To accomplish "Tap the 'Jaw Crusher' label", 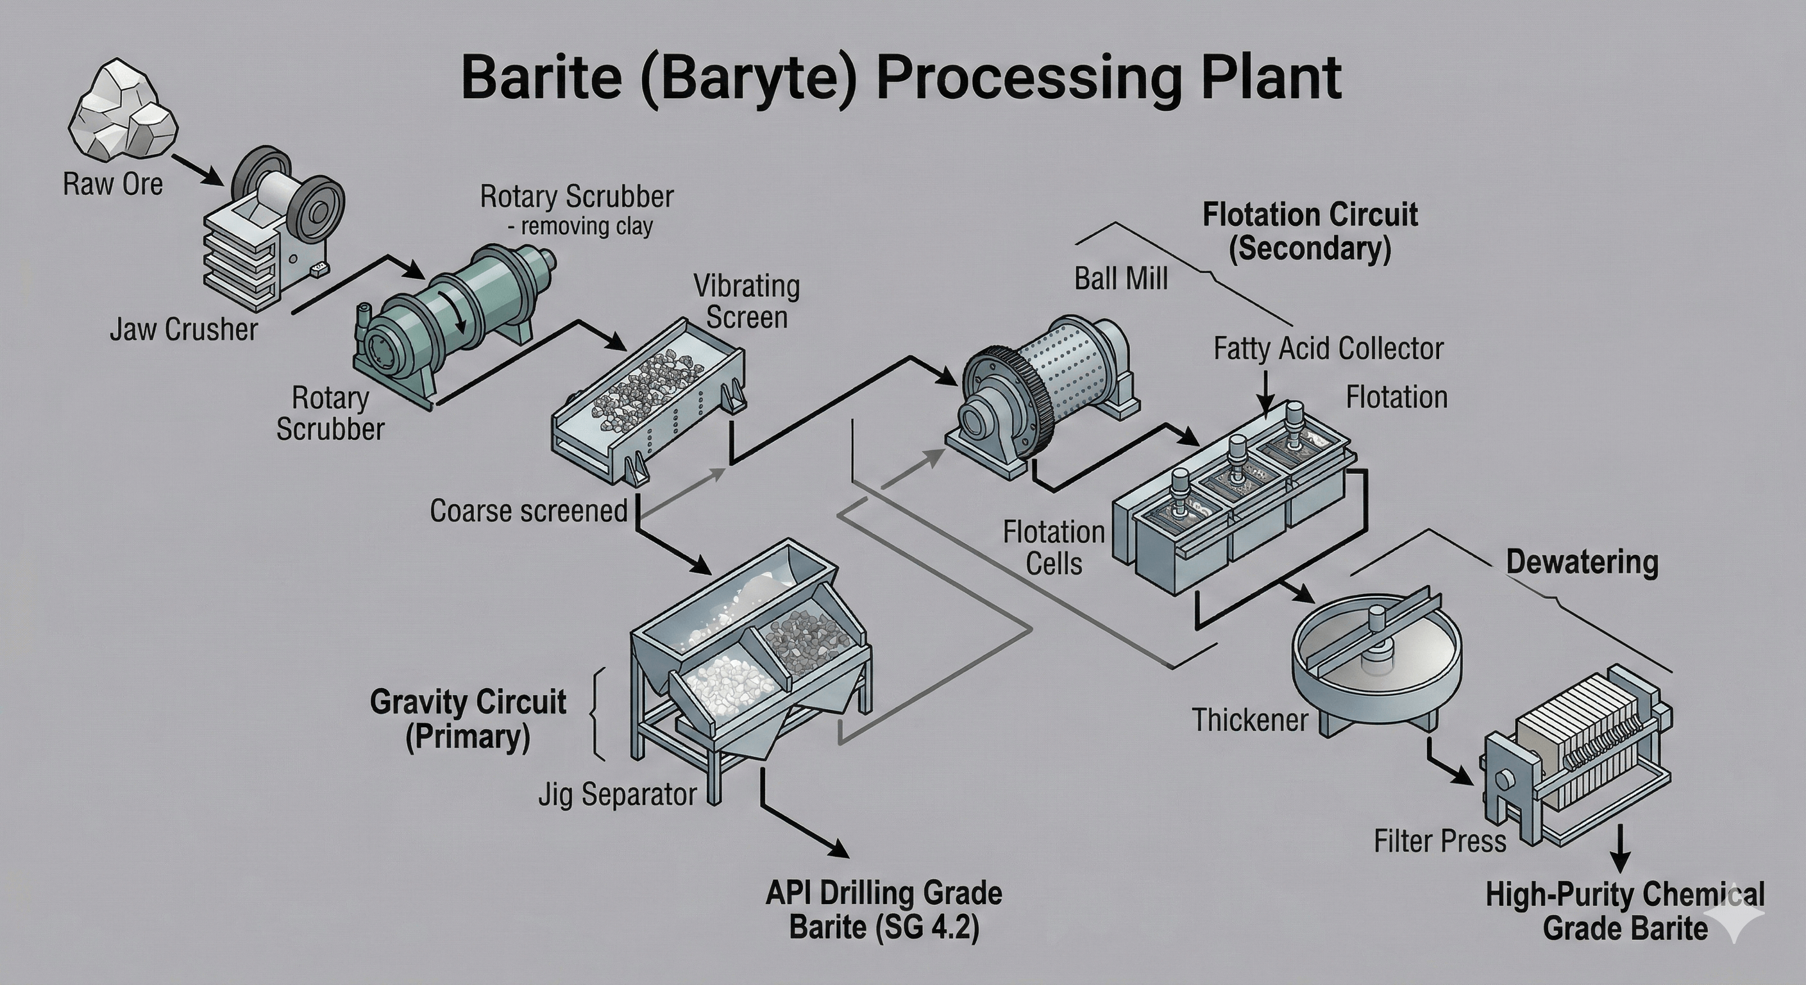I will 183,330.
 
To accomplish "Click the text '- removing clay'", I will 580,226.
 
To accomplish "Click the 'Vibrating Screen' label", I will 747,301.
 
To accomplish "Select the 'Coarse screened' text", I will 528,510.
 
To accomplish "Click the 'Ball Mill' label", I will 1121,279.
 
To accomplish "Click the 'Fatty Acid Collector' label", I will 1328,348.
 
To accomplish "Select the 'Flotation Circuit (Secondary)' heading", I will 1310,232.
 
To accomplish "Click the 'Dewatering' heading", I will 1582,562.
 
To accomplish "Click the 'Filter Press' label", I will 1439,841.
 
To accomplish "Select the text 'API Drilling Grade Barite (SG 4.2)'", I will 883,910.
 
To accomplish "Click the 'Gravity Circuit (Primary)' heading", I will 468,720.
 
